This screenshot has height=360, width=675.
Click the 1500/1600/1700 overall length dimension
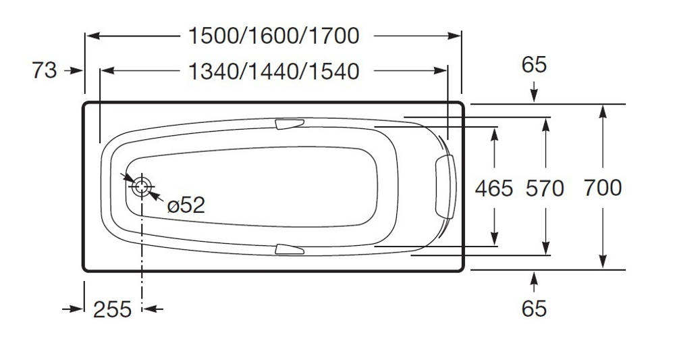[x=273, y=36]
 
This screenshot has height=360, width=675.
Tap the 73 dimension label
[x=45, y=70]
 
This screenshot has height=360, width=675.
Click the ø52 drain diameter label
[x=185, y=205]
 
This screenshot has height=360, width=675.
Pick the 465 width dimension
[x=494, y=188]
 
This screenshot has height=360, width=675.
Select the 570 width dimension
[x=544, y=188]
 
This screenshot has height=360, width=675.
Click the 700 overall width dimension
[x=603, y=187]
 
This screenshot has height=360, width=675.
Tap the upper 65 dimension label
[x=534, y=66]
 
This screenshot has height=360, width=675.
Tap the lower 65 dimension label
[x=534, y=308]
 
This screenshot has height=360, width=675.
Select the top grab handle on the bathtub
[x=290, y=124]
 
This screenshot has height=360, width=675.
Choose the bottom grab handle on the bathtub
[x=290, y=249]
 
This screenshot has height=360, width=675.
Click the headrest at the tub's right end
[x=446, y=186]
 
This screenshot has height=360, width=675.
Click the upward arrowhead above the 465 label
[x=495, y=134]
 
